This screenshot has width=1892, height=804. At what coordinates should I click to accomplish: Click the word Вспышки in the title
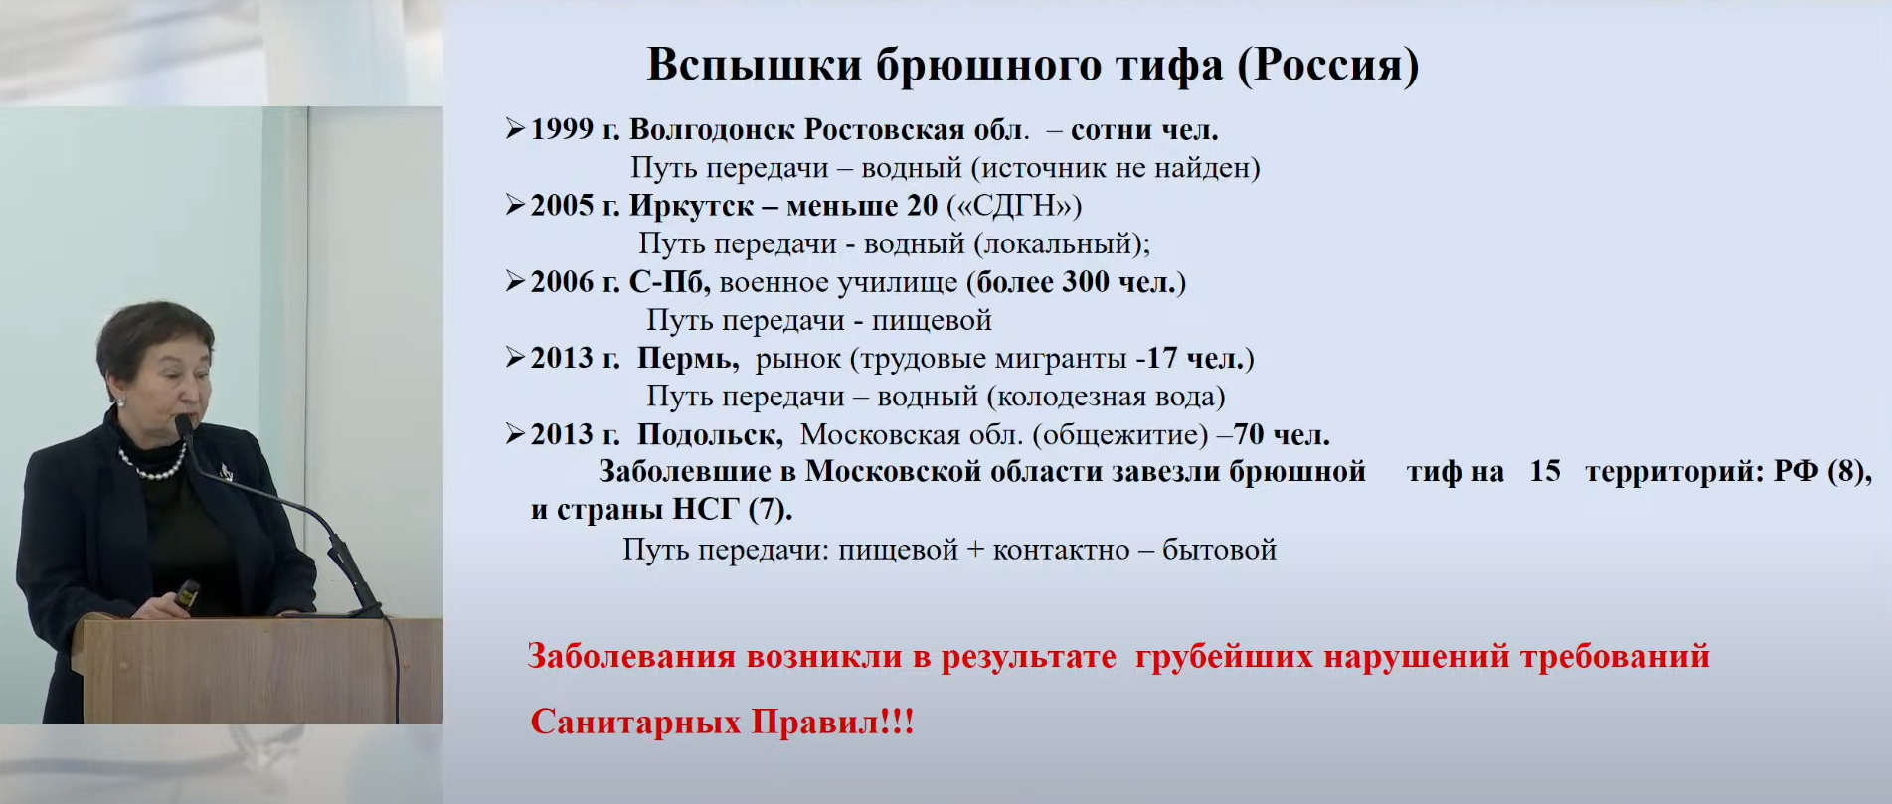tap(755, 66)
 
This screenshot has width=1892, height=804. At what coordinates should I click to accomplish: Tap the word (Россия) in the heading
tap(1328, 66)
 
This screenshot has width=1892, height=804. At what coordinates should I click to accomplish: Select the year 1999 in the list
tap(562, 129)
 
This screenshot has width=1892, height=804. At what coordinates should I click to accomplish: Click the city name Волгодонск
tap(712, 130)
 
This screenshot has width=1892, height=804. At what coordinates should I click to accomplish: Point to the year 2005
tap(562, 206)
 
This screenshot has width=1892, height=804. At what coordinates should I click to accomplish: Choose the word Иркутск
tap(692, 207)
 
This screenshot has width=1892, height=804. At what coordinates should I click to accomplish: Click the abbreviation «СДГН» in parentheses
tap(1014, 206)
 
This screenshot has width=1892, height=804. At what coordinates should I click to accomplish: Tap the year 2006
tap(562, 282)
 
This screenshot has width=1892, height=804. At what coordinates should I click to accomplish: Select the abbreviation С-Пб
tap(669, 282)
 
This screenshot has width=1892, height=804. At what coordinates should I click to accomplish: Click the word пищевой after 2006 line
tap(932, 320)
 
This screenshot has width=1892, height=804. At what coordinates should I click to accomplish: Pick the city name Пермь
tap(687, 359)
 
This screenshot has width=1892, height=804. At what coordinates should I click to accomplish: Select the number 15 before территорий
tap(1545, 471)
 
